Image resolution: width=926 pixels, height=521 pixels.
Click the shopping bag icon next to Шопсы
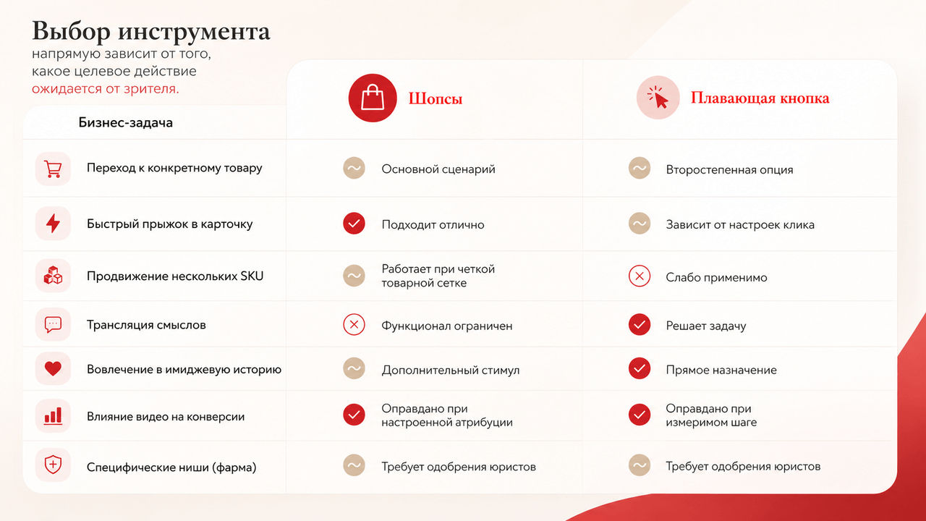[x=373, y=98]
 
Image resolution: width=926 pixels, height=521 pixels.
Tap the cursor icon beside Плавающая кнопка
[x=658, y=98]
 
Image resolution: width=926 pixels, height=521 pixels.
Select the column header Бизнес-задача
[x=126, y=123]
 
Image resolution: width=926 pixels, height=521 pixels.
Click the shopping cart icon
[x=53, y=169]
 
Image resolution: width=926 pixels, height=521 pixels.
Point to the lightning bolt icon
[x=53, y=224]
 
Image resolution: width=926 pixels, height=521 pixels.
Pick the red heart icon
[x=53, y=368]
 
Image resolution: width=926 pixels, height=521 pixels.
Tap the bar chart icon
[x=53, y=416]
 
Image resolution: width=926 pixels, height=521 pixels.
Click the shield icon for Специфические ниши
[x=53, y=465]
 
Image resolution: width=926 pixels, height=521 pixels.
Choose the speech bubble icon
[x=53, y=325]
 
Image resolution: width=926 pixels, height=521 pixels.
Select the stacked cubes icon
[x=53, y=276]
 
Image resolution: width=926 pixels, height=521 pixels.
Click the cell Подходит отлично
[x=433, y=224]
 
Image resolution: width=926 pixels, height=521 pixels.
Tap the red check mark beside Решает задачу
[x=640, y=325]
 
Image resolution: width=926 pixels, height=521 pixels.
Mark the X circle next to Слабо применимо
[x=640, y=276]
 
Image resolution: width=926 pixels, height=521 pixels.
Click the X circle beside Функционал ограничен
[x=354, y=325]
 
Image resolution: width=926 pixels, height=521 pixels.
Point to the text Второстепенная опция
[x=729, y=169]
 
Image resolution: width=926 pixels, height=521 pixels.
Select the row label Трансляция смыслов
[x=146, y=325]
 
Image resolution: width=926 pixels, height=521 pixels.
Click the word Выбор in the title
[x=71, y=31]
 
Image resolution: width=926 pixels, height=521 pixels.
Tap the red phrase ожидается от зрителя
[x=106, y=89]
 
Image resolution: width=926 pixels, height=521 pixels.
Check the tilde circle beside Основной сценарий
[x=354, y=169]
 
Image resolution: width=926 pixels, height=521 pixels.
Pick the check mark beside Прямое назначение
[x=640, y=368]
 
